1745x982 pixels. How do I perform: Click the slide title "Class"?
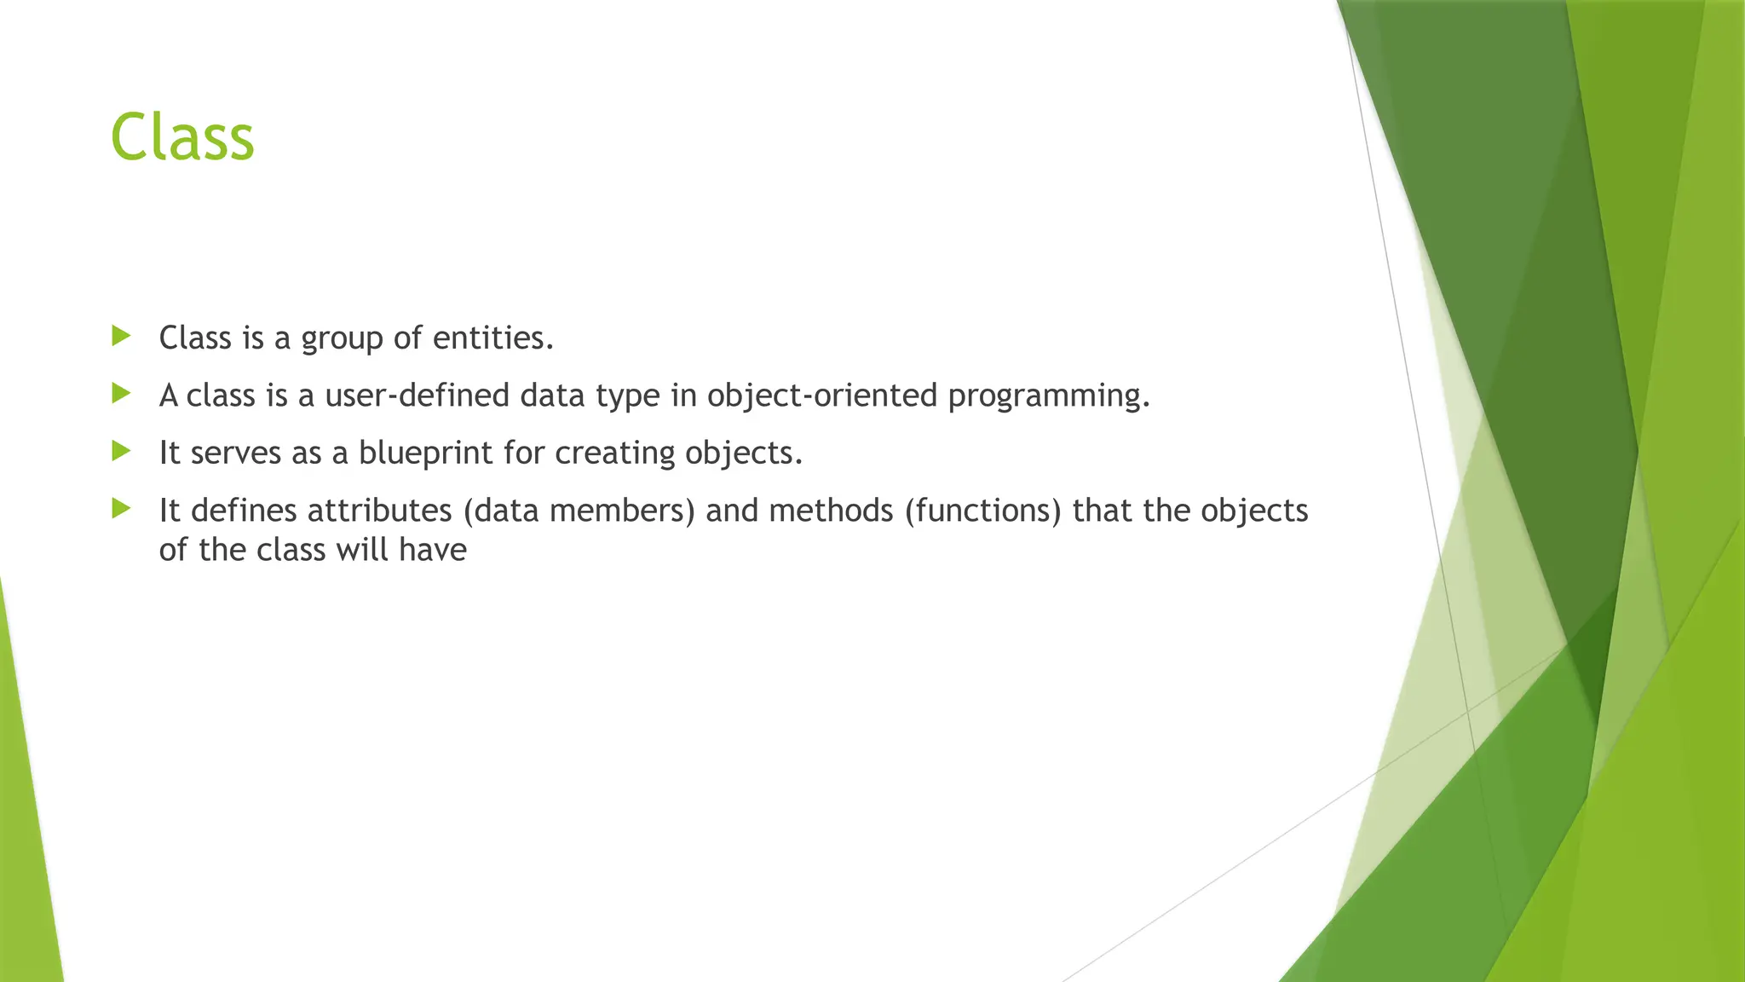coord(182,137)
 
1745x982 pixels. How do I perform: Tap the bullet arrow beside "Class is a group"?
coord(121,336)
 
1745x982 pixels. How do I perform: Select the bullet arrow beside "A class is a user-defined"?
coord(121,393)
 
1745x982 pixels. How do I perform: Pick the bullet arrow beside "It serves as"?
coord(121,450)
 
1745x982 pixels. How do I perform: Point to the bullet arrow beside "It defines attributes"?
coord(121,509)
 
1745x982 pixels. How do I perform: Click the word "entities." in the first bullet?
coord(493,338)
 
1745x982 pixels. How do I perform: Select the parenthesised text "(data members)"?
coord(579,511)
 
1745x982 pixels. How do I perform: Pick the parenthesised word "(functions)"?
coord(983,511)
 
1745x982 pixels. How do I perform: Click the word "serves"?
coord(236,453)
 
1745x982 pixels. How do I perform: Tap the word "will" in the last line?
coord(362,550)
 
